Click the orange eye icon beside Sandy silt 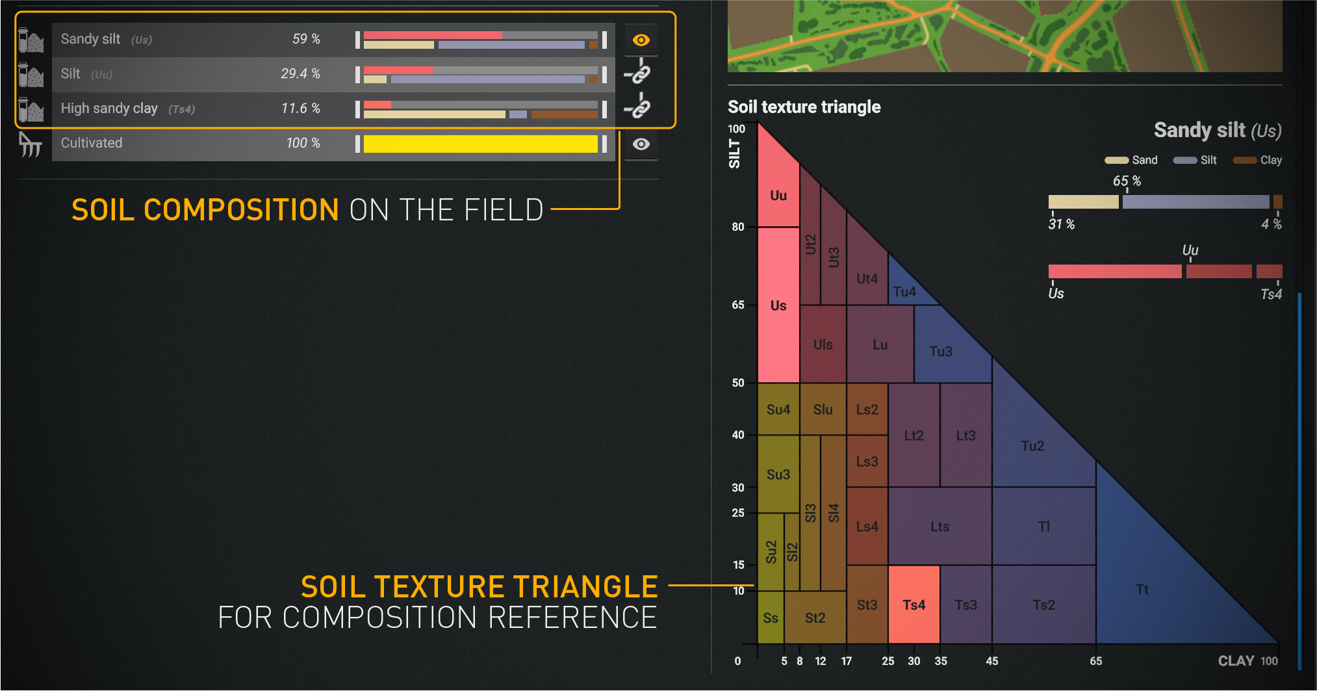click(641, 40)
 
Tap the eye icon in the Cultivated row click(641, 144)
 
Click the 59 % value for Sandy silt click(306, 39)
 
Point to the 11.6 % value click(300, 109)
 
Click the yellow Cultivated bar click(480, 144)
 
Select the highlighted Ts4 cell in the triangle click(914, 605)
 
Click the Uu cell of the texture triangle click(778, 195)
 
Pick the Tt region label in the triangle click(1142, 590)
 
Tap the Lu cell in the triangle click(880, 345)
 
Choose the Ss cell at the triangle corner click(771, 618)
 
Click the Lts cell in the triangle click(940, 527)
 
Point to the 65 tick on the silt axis click(738, 305)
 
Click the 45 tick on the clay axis click(991, 661)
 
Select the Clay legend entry click(1257, 160)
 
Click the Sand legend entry click(1131, 160)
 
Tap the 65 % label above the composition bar click(1127, 181)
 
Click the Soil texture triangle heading click(804, 107)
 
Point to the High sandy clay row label click(109, 109)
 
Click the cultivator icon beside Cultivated click(30, 144)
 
